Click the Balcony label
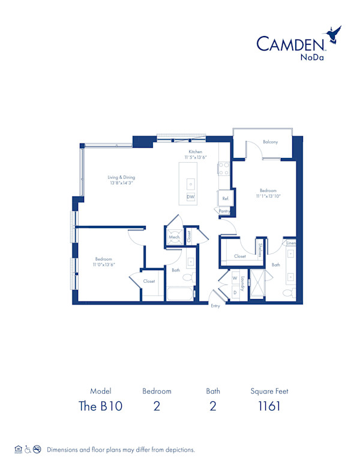click(270, 142)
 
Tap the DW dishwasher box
click(190, 197)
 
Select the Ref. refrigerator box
click(225, 198)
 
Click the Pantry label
click(224, 211)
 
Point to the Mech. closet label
click(174, 237)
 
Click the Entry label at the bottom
click(215, 306)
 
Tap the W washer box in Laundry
click(235, 279)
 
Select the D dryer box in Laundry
click(235, 292)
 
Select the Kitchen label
click(196, 152)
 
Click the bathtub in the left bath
click(181, 294)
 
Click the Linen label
click(290, 243)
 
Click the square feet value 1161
click(269, 406)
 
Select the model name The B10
click(101, 406)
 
